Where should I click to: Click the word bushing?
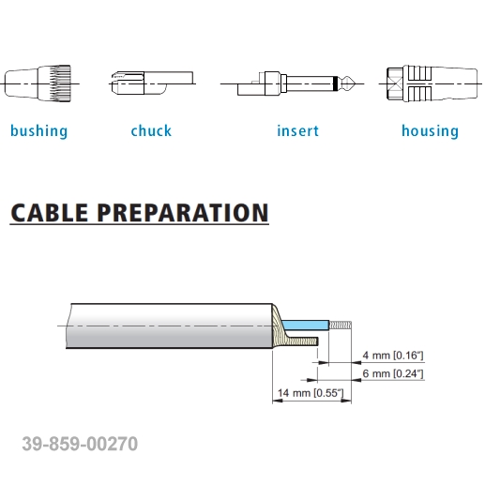38,131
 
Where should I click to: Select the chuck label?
151,130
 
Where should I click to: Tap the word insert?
297,130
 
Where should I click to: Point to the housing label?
430,131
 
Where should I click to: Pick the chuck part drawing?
152,83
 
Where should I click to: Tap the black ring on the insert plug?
336,83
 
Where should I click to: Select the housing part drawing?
432,83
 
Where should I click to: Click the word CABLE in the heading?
49,213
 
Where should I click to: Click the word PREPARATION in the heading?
183,213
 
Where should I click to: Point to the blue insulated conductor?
305,325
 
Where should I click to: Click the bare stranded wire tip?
341,325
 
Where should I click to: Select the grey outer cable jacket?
170,326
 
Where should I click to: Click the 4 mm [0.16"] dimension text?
393,356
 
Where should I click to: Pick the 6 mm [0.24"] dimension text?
393,373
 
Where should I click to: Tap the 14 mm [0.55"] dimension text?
311,392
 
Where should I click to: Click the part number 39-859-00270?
80,444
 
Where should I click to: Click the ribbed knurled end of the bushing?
60,83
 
